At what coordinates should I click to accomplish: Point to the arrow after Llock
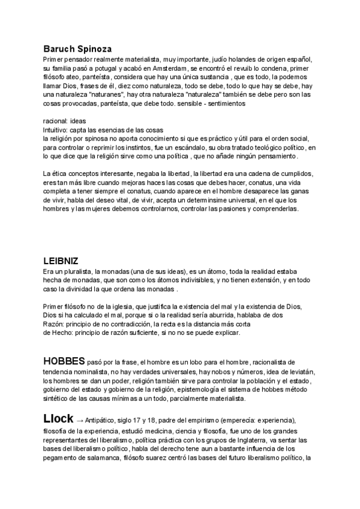pos(81,420)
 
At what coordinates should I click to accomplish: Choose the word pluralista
pos(77,272)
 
